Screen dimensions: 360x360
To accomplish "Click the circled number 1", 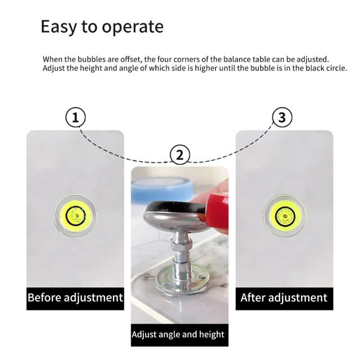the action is (76, 117).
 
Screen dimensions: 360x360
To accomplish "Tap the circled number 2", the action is (180, 155).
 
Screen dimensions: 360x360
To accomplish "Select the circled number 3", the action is (282, 117).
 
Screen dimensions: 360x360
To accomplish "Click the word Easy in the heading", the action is (58, 27).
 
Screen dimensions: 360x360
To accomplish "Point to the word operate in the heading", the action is (132, 27).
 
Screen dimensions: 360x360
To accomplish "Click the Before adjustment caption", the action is (75, 297).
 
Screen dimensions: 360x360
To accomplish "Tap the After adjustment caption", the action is (284, 297).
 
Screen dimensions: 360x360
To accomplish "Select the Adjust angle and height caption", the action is (178, 334).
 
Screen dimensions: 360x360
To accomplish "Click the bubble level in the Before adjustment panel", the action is (76, 216).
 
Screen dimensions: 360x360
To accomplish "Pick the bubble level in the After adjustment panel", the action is (285, 216).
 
